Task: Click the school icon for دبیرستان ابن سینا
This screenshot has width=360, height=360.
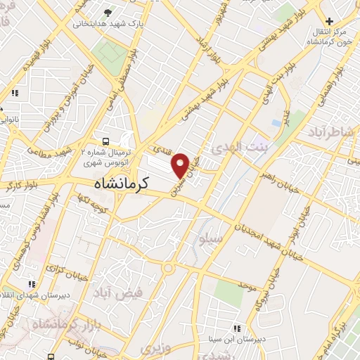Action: click(237, 328)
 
